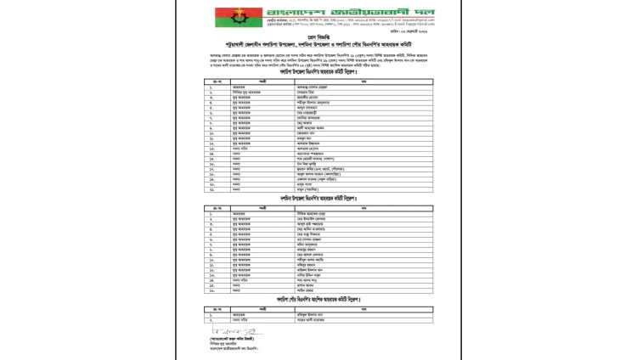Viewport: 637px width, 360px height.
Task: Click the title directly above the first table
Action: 318,73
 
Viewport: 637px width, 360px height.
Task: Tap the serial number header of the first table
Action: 211,81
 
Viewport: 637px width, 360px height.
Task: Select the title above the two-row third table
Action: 318,300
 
